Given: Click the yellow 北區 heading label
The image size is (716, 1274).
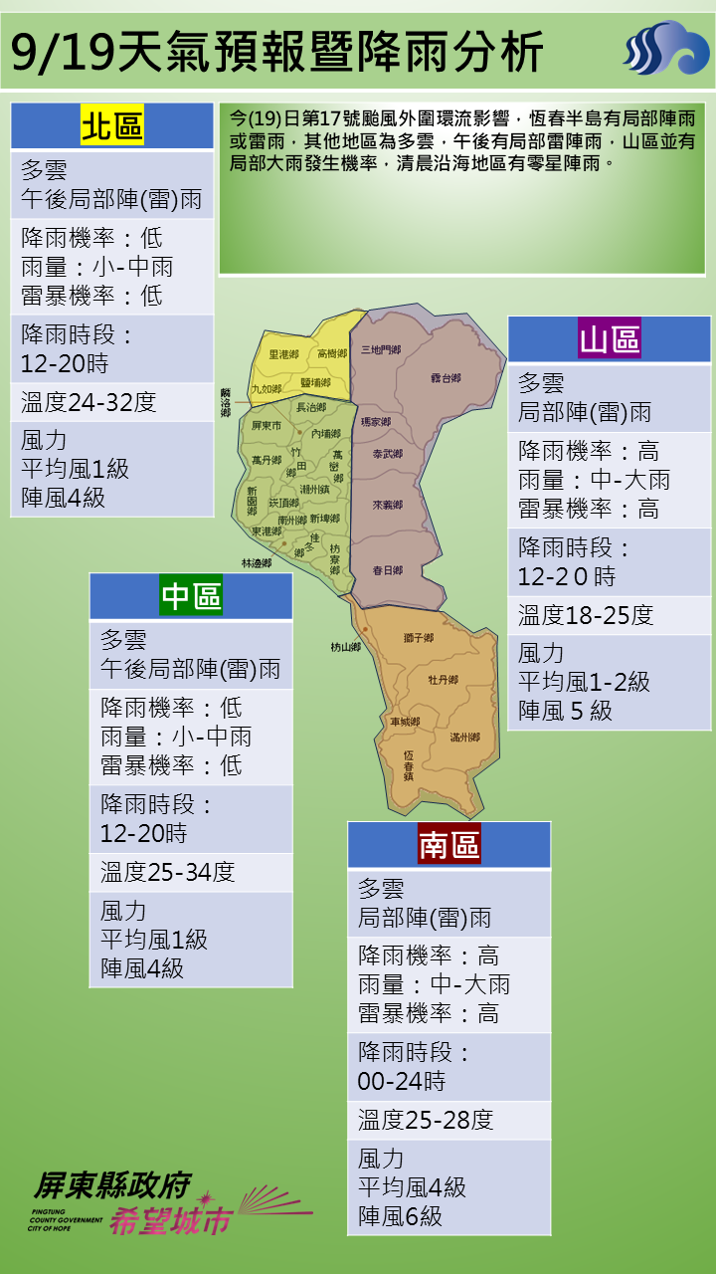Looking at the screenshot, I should click(112, 127).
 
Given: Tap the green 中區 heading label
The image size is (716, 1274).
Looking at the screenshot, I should click(191, 596).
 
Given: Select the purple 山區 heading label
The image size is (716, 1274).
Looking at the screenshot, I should click(610, 339).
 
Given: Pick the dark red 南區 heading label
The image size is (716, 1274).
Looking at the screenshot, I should click(448, 845).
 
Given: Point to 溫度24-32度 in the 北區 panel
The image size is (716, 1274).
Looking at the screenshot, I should click(89, 403).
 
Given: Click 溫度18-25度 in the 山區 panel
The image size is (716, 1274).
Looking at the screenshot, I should click(586, 615).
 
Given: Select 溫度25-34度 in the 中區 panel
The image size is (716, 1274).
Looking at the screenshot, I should click(168, 873).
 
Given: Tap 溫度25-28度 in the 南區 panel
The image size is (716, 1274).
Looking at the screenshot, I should click(426, 1121).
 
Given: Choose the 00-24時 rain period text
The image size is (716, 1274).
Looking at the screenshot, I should click(402, 1081).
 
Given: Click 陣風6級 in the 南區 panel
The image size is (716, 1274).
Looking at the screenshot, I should click(401, 1216).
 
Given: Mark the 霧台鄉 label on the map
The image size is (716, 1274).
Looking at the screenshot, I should click(446, 378).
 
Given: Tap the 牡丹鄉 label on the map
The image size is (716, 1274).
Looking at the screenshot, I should click(443, 680).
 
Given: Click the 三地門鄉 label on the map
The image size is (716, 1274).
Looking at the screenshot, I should click(381, 350).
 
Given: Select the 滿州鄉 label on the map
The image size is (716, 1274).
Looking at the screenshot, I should click(464, 738).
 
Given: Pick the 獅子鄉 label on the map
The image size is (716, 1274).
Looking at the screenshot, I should click(419, 638).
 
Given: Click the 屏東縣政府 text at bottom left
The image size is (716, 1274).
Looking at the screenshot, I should click(110, 1184).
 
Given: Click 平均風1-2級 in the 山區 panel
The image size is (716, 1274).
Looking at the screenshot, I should click(585, 682).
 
